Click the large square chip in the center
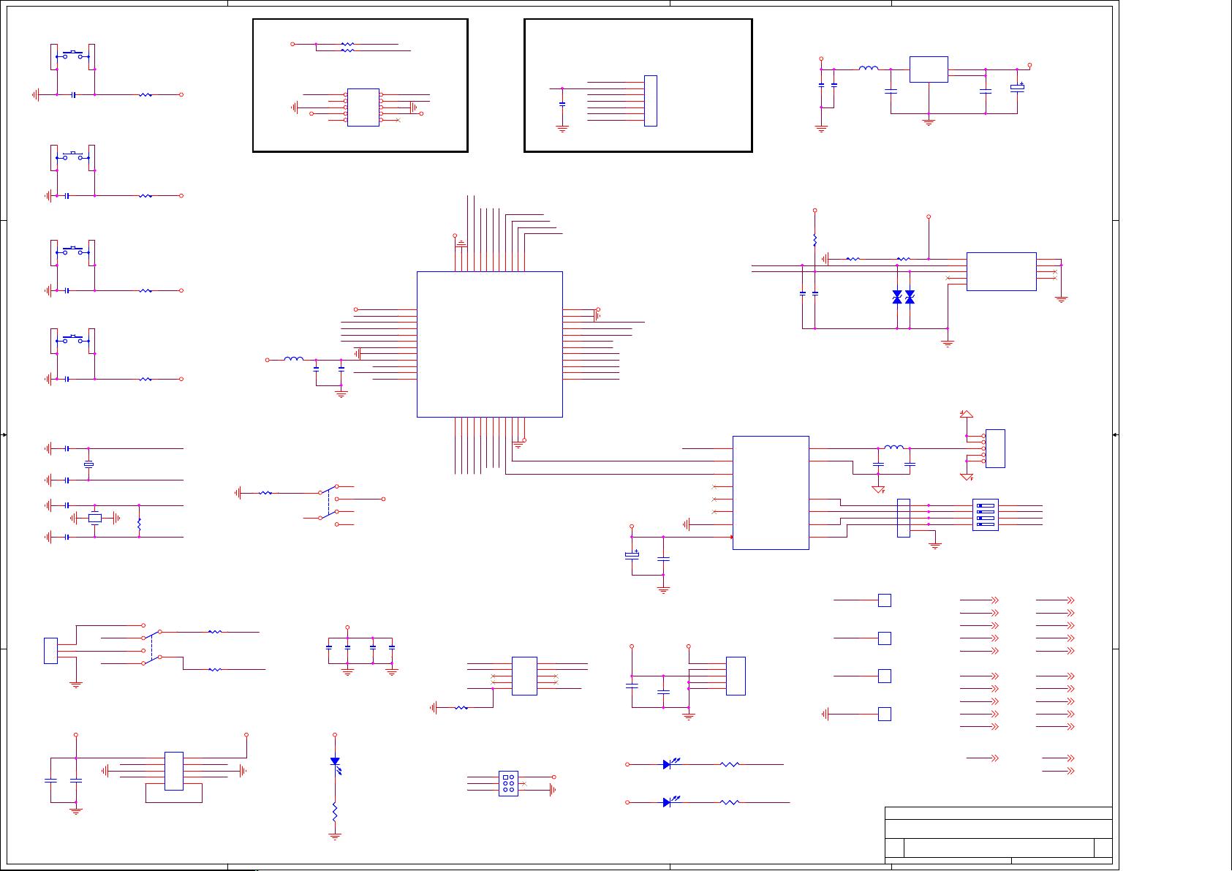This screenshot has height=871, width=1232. point(489,344)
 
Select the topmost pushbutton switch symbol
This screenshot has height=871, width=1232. point(73,54)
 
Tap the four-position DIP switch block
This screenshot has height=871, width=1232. point(985,515)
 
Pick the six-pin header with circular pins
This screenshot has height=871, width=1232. point(508,783)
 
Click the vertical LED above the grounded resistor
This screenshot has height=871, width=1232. point(335,762)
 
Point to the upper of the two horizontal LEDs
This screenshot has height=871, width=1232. point(668,764)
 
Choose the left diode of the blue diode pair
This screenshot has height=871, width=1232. point(897,297)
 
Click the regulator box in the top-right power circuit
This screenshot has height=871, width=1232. point(929,69)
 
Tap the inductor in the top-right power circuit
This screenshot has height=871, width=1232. point(869,69)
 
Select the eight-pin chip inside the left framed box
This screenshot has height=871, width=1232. point(363,108)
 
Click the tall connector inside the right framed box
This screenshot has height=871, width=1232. point(650,100)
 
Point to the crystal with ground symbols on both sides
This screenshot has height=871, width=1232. point(94,519)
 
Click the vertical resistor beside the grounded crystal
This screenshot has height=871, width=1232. point(139,523)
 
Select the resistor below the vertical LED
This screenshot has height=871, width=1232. point(335,812)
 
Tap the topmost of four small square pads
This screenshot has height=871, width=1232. point(884,600)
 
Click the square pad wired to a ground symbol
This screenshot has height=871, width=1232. point(884,714)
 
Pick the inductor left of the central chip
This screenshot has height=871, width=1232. point(293,359)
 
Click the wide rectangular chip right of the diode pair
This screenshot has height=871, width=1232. point(1001,271)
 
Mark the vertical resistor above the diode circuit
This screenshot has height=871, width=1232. point(815,240)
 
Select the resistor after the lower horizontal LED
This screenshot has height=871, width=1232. point(730,802)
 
